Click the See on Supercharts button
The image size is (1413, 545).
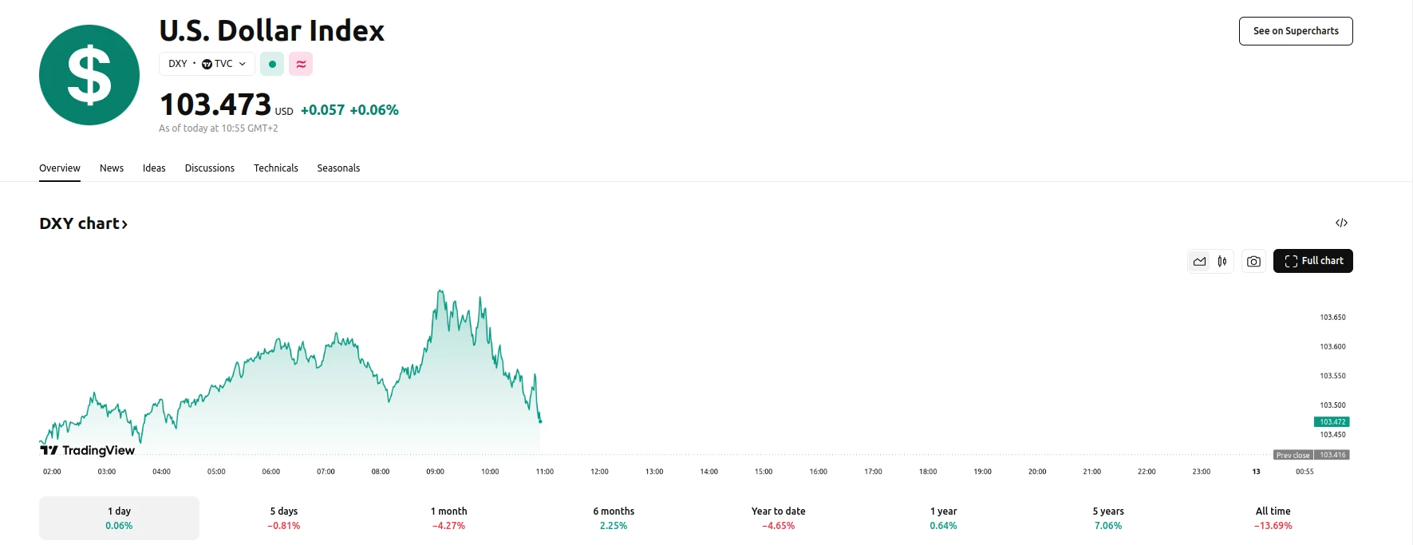point(1295,31)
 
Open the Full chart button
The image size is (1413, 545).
point(1312,261)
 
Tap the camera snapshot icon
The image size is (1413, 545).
point(1253,261)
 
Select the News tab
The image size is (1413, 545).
point(112,168)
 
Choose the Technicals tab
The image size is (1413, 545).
point(275,168)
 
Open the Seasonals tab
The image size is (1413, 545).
point(338,168)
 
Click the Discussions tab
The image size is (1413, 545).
point(209,168)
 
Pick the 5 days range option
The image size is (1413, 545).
point(284,518)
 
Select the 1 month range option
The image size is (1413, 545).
point(448,518)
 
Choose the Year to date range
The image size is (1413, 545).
point(778,518)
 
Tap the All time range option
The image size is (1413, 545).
point(1273,518)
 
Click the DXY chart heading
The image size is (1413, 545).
point(83,224)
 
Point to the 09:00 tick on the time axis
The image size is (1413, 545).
point(435,472)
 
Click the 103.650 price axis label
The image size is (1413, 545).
point(1332,318)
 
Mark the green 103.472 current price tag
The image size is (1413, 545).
point(1332,422)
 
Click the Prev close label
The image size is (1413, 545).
point(1293,455)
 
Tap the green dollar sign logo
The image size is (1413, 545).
point(89,75)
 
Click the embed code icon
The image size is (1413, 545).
point(1341,223)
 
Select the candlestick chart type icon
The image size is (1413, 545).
point(1222,261)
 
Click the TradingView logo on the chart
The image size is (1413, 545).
point(88,450)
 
